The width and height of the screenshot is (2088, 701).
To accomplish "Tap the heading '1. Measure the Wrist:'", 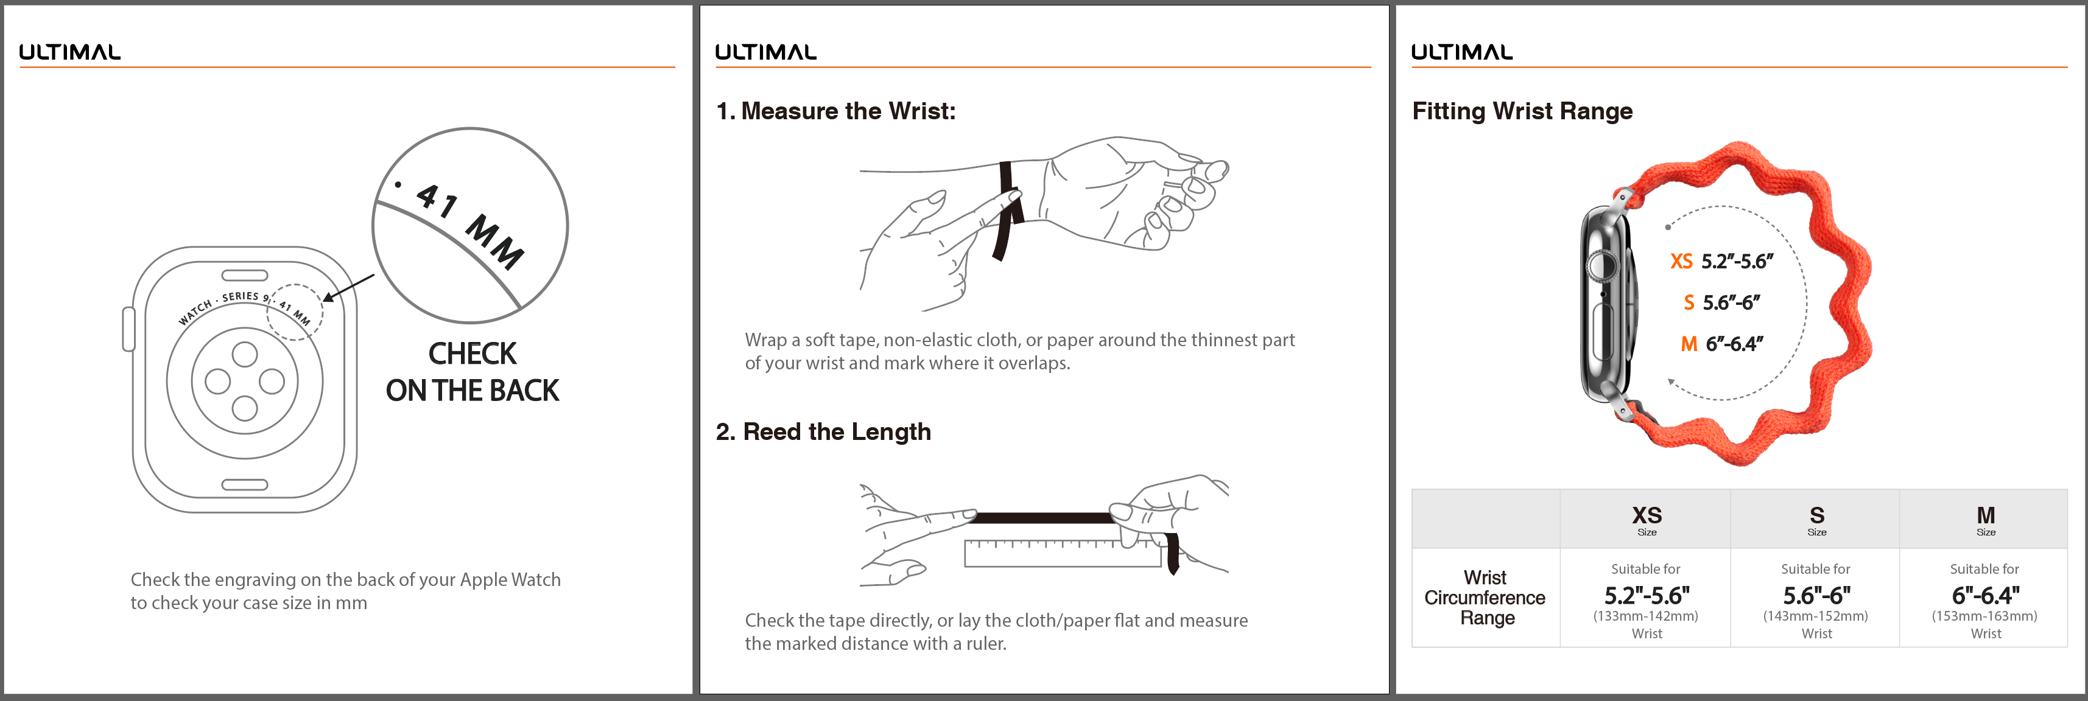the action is point(835,111).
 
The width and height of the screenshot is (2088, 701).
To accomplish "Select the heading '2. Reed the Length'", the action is point(823,432).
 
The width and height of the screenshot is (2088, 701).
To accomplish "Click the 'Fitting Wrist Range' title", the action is point(1522,111).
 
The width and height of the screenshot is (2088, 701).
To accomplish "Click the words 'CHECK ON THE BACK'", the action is point(473,372).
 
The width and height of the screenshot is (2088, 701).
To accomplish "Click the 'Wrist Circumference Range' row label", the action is point(1485,598).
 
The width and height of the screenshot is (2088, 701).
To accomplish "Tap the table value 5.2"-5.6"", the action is point(1647,596).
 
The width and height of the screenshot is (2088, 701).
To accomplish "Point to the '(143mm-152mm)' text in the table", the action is point(1816,616).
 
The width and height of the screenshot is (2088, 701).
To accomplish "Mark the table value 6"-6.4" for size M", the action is point(1985,596).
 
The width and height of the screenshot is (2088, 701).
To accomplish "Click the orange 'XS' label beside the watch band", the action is point(1681,261).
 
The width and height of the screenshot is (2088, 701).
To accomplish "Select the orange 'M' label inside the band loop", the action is point(1689,344).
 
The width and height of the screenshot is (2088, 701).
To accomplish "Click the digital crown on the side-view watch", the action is point(1600,264).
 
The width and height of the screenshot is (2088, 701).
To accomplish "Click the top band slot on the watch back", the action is point(245,276).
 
